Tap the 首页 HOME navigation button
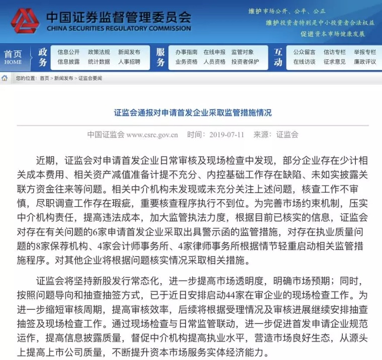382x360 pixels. click(x=13, y=57)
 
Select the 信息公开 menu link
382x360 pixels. click(x=68, y=52)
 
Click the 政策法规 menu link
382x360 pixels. click(x=99, y=52)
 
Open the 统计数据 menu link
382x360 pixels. click(x=99, y=62)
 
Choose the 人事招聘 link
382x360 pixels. click(x=129, y=62)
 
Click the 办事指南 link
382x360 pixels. click(x=186, y=52)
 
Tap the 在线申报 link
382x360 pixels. click(x=214, y=52)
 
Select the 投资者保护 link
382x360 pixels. click(x=245, y=62)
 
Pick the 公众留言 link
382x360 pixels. click(x=304, y=52)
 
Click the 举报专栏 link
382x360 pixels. click(x=364, y=52)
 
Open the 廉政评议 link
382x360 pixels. click(x=364, y=62)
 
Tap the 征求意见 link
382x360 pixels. click(x=334, y=62)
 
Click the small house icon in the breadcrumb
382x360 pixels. click(x=5, y=78)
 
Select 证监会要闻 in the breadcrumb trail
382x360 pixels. click(x=90, y=78)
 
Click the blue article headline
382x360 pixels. click(x=193, y=113)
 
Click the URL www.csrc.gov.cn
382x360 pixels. click(x=152, y=135)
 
